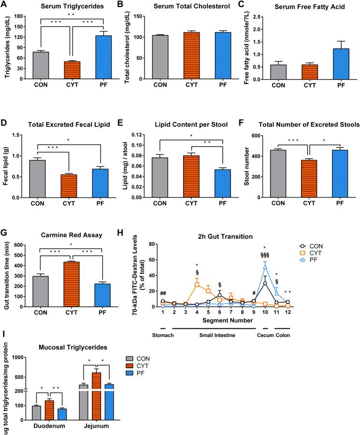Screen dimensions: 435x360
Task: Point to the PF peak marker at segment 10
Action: click(x=265, y=266)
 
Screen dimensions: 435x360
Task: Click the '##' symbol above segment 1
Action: click(x=163, y=294)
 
